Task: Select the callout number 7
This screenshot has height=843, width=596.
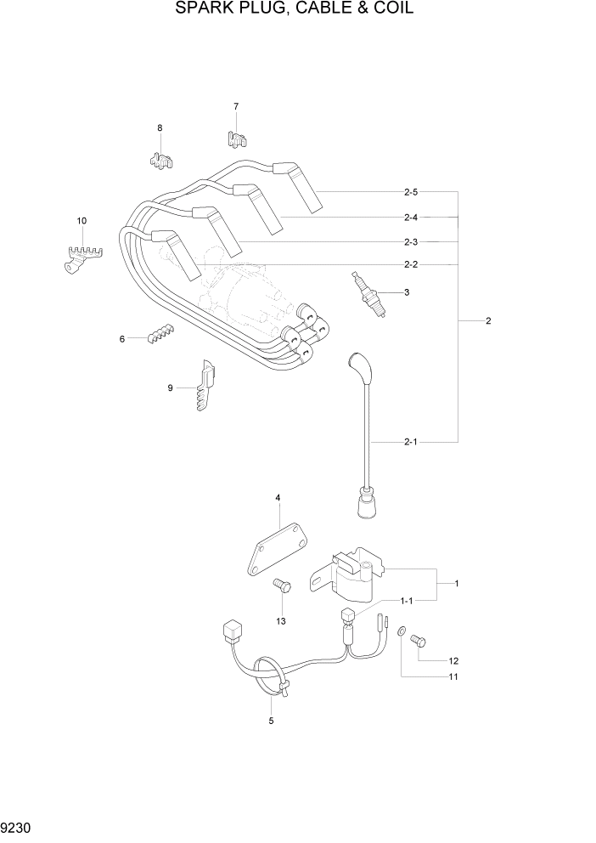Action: [x=236, y=106]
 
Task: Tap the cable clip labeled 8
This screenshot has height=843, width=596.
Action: [x=161, y=157]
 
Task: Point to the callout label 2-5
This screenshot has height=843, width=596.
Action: [x=410, y=192]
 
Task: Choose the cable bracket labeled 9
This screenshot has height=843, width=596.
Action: [x=205, y=386]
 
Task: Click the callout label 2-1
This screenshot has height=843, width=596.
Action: [x=410, y=442]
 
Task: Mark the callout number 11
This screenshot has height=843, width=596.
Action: [x=453, y=677]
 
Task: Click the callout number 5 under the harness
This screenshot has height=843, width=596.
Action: [x=271, y=721]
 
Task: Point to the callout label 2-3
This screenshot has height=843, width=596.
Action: [x=410, y=241]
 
